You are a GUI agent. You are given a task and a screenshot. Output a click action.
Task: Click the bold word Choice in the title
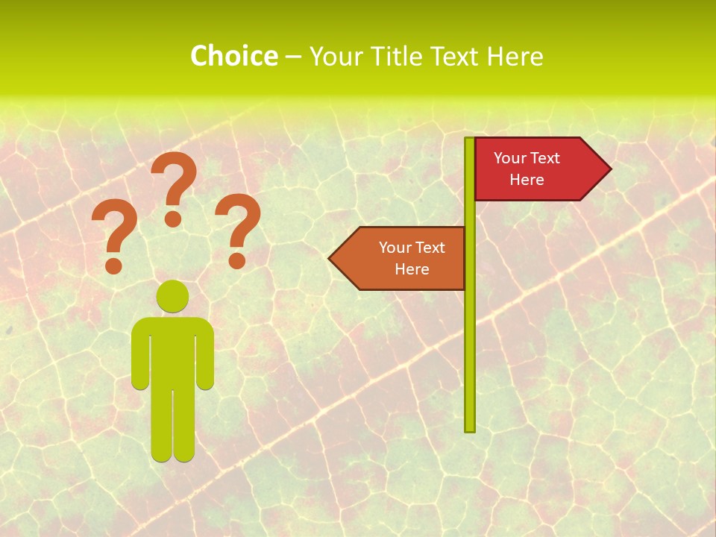(233, 56)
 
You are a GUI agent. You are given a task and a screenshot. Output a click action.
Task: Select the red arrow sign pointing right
(537, 169)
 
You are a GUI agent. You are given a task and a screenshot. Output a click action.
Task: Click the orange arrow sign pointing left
(403, 258)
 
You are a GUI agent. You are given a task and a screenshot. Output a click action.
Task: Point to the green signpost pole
(470, 336)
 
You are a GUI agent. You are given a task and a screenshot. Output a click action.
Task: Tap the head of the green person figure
(172, 296)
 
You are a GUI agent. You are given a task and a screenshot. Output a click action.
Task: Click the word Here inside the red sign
(527, 180)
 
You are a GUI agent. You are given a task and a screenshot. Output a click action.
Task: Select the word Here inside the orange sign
(412, 269)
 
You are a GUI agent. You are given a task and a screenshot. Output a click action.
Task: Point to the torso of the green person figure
(172, 351)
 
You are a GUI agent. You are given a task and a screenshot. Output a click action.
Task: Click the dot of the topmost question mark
(173, 219)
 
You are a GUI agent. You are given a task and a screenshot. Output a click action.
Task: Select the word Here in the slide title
(515, 56)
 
